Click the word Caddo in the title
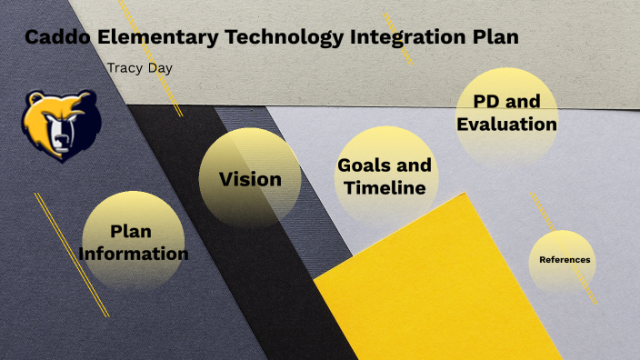[56, 37]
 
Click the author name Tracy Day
[139, 68]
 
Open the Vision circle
[250, 178]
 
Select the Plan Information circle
[134, 242]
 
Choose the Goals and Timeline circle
[385, 176]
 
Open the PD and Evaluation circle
[506, 112]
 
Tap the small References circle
[565, 260]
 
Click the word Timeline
[385, 188]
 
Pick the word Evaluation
[506, 124]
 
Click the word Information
[134, 254]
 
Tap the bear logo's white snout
[60, 135]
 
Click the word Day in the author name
[160, 68]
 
